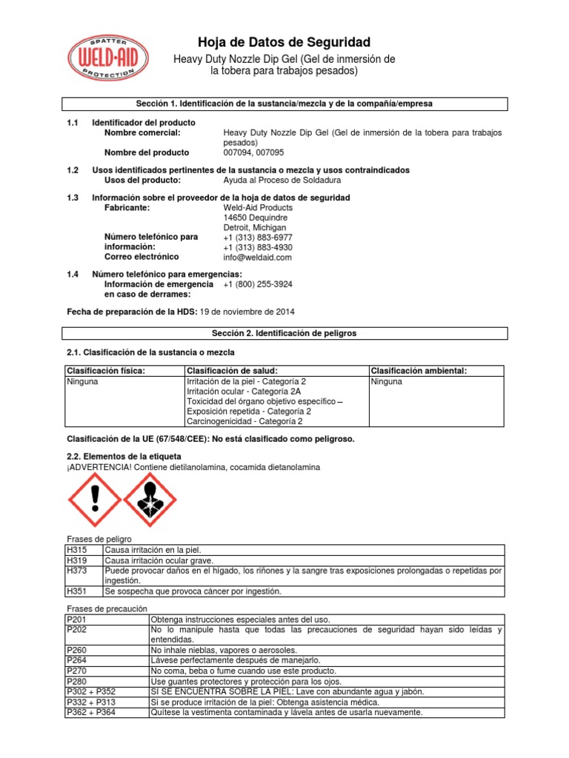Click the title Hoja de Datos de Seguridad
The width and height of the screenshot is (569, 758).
[x=283, y=41]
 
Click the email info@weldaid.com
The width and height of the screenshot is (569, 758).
[x=257, y=258]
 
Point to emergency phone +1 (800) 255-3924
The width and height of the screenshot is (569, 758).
[x=257, y=284]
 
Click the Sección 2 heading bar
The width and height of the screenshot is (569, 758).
[x=284, y=334]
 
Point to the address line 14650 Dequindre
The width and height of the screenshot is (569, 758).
[x=256, y=218]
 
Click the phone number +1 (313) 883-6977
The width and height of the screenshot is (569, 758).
[x=257, y=238]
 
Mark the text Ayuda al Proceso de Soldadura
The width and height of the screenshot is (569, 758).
[x=283, y=180]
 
